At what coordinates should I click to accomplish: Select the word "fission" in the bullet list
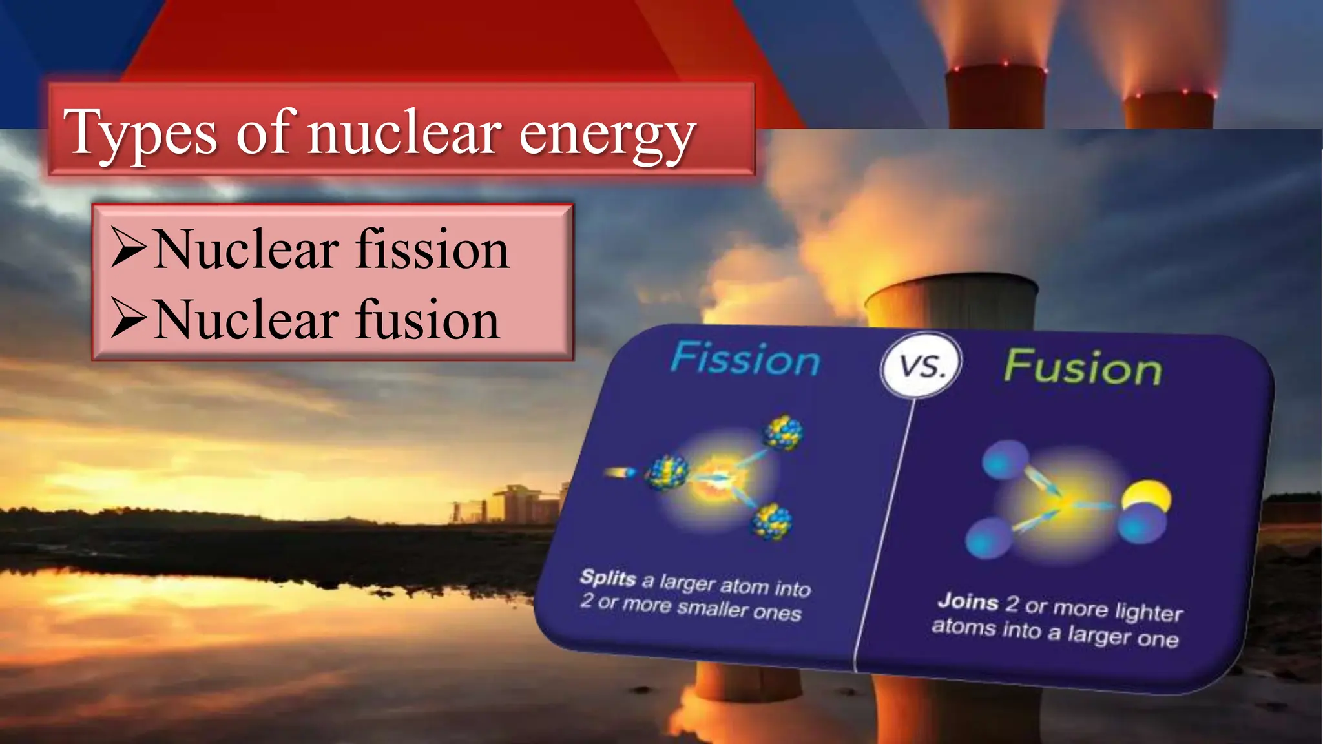[432, 250]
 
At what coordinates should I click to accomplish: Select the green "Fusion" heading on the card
[1083, 368]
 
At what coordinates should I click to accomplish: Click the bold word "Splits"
[608, 577]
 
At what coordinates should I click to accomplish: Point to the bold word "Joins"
[968, 601]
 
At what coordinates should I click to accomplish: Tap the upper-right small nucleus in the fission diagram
[783, 433]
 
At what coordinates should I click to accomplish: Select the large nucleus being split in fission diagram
[668, 473]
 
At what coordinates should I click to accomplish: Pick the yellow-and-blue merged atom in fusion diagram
[1145, 510]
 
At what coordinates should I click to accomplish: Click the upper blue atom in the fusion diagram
[1005, 459]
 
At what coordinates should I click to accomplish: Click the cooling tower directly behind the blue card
[950, 304]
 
